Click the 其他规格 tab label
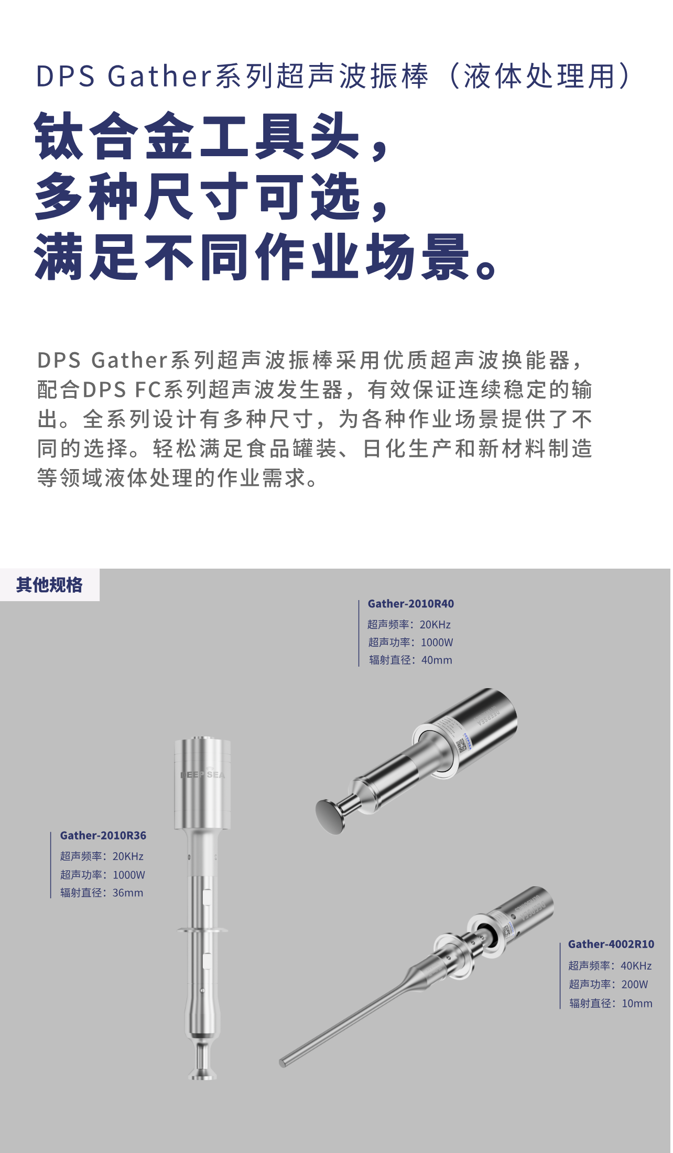point(49,585)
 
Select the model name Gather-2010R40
point(411,604)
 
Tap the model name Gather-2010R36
point(103,835)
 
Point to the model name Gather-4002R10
point(611,944)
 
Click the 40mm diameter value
point(437,660)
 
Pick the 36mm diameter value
point(128,893)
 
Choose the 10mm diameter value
point(637,1003)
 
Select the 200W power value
point(635,984)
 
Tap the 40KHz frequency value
point(636,965)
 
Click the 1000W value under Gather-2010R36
point(129,875)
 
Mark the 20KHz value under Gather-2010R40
point(436,625)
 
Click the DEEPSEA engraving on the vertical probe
point(203,775)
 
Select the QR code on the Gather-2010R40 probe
point(462,746)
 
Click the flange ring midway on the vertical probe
point(203,930)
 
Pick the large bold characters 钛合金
point(114,136)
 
